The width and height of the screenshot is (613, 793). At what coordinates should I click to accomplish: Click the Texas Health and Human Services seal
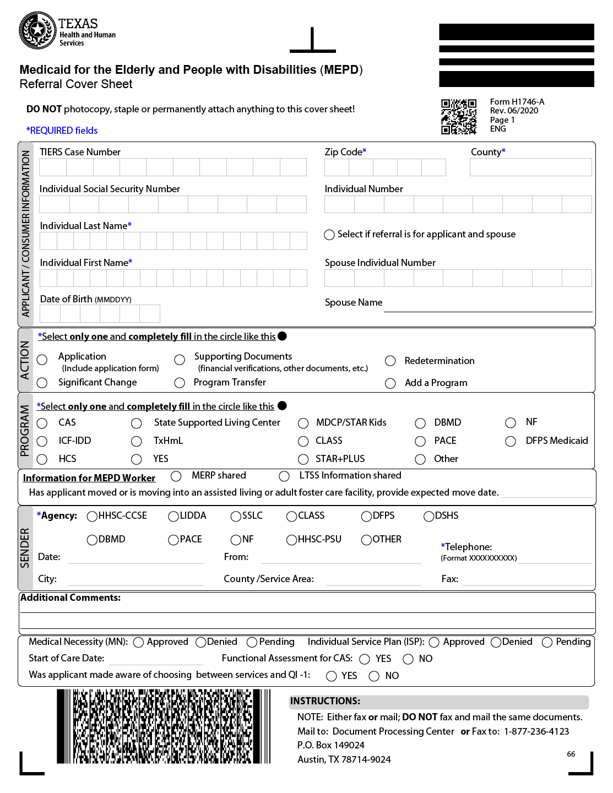[x=37, y=30]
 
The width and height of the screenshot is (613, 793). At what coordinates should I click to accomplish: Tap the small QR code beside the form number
[x=458, y=117]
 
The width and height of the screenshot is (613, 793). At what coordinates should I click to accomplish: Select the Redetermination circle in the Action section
[x=390, y=361]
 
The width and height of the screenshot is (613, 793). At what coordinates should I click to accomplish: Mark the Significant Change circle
[x=42, y=383]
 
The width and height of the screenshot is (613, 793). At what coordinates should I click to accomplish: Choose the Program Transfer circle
[x=180, y=383]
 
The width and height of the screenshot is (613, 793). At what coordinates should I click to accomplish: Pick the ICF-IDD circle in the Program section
[x=42, y=441]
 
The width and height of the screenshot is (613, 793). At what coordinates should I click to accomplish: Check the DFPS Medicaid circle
[x=511, y=441]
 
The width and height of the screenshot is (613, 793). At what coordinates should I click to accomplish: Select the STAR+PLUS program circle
[x=303, y=459]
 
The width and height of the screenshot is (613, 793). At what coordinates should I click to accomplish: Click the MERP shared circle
[x=176, y=476]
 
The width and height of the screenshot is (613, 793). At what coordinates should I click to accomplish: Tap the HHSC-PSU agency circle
[x=292, y=540]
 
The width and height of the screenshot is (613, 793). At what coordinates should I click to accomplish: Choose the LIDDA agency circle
[x=173, y=516]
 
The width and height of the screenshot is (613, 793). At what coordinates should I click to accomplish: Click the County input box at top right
[x=530, y=167]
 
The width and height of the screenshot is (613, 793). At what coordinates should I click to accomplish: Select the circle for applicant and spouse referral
[x=329, y=235]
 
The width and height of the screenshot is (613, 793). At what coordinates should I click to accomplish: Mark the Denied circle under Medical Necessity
[x=201, y=642]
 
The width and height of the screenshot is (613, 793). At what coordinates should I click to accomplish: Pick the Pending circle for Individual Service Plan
[x=547, y=642]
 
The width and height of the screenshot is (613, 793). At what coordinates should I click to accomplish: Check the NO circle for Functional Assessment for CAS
[x=408, y=659]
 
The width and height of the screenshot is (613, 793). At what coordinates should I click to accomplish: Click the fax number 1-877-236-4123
[x=536, y=731]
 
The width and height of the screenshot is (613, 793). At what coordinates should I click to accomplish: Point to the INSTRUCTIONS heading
[x=326, y=701]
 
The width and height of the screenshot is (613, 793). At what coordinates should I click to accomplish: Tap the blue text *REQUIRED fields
[x=62, y=131]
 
